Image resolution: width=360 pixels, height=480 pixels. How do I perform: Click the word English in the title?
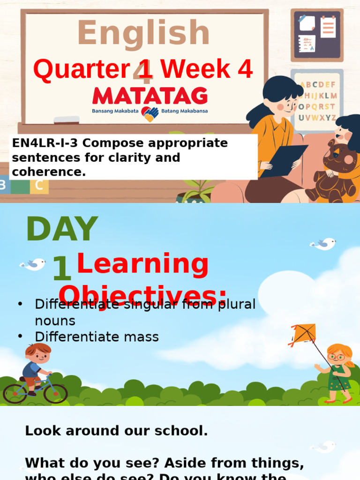coord(143,34)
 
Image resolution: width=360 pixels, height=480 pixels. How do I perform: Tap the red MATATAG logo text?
coord(150,96)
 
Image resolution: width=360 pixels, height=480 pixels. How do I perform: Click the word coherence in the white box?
coord(49,172)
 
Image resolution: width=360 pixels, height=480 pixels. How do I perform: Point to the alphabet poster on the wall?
coord(317,101)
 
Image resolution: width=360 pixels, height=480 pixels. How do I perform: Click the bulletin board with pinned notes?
coord(317,35)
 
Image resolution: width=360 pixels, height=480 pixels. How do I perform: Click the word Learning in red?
coord(142,264)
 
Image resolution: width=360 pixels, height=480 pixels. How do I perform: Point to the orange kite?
coord(303,334)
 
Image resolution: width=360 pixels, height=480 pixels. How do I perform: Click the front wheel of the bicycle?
coord(56,393)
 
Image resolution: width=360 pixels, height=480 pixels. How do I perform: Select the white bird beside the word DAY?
coord(33,265)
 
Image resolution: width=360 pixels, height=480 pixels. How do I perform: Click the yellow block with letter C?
coord(39,185)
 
